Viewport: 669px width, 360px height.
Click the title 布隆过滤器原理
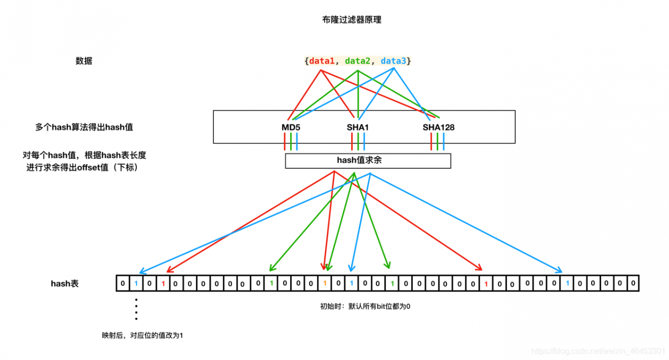tap(352, 20)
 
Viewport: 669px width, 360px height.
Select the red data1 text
tap(321, 61)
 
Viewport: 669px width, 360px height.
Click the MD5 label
tap(291, 127)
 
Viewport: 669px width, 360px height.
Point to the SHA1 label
tap(357, 127)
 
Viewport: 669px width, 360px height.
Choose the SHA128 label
tap(439, 127)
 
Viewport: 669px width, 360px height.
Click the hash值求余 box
tap(367, 160)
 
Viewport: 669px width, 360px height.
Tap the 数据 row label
tap(84, 61)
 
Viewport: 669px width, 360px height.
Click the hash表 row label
tap(64, 284)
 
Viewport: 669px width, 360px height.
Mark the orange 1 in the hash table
tap(325, 284)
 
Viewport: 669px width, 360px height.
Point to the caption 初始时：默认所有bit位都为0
tap(365, 306)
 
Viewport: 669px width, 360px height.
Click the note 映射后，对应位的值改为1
tap(142, 335)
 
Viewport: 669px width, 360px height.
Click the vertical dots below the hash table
tap(136, 309)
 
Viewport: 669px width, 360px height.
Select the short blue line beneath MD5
tap(297, 142)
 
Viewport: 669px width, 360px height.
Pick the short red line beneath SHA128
tap(431, 142)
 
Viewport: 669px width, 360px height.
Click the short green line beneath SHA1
tap(358, 142)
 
